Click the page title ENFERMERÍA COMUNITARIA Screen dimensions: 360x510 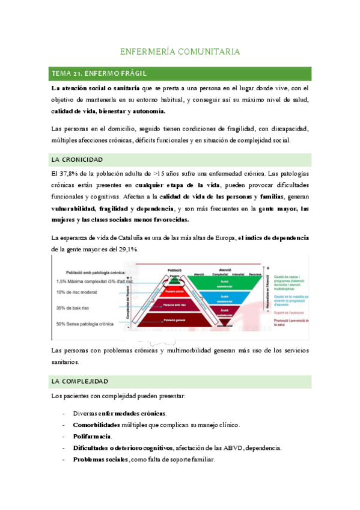[180, 52]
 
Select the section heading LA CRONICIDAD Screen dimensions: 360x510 [78, 159]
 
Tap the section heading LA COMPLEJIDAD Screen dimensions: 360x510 [80, 381]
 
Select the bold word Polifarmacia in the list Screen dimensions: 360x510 [93, 436]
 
